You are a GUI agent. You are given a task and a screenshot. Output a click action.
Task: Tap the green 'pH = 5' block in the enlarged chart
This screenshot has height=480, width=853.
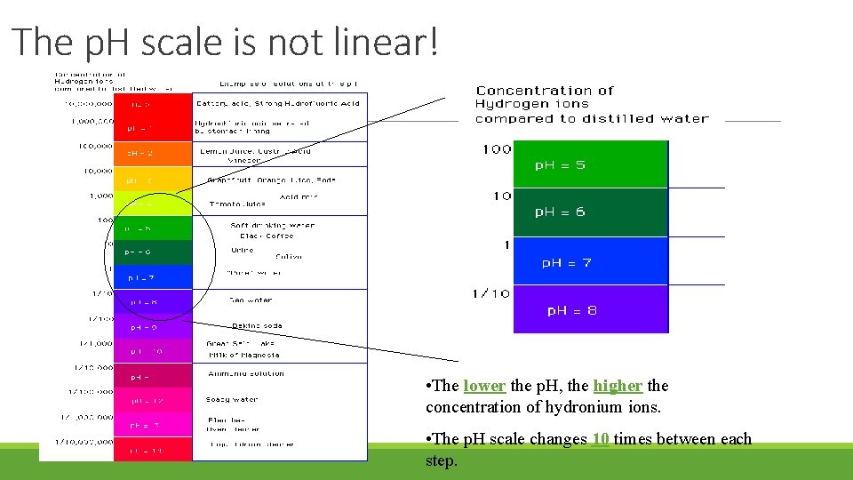(590, 164)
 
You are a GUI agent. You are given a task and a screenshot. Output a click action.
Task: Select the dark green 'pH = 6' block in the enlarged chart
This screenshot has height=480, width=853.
(590, 212)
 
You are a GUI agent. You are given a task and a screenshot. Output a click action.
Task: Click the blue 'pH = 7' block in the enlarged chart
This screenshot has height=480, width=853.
(590, 262)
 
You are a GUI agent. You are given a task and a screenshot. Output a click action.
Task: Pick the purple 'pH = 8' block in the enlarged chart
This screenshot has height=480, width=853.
(590, 310)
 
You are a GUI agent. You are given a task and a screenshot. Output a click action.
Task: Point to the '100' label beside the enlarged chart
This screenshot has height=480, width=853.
(497, 149)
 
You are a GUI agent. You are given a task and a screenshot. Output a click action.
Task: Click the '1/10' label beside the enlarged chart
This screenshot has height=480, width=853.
(491, 293)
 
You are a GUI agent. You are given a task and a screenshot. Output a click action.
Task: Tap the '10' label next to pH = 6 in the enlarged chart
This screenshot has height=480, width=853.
(502, 196)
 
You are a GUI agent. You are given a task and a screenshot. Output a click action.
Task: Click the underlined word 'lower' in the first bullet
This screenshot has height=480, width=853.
(484, 386)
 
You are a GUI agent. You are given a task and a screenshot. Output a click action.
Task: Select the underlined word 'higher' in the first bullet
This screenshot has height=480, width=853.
(618, 386)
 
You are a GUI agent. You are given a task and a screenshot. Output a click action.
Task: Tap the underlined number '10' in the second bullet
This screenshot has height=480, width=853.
(600, 438)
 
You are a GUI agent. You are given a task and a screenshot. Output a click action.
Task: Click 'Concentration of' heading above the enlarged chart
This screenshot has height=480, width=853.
(545, 91)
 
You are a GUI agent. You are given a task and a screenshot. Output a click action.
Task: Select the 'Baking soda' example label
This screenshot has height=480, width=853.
(257, 325)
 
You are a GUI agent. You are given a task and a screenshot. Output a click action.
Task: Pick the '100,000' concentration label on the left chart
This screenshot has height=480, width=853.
(92, 145)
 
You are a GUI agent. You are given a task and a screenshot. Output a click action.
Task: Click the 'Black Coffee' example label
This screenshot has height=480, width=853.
(267, 236)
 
